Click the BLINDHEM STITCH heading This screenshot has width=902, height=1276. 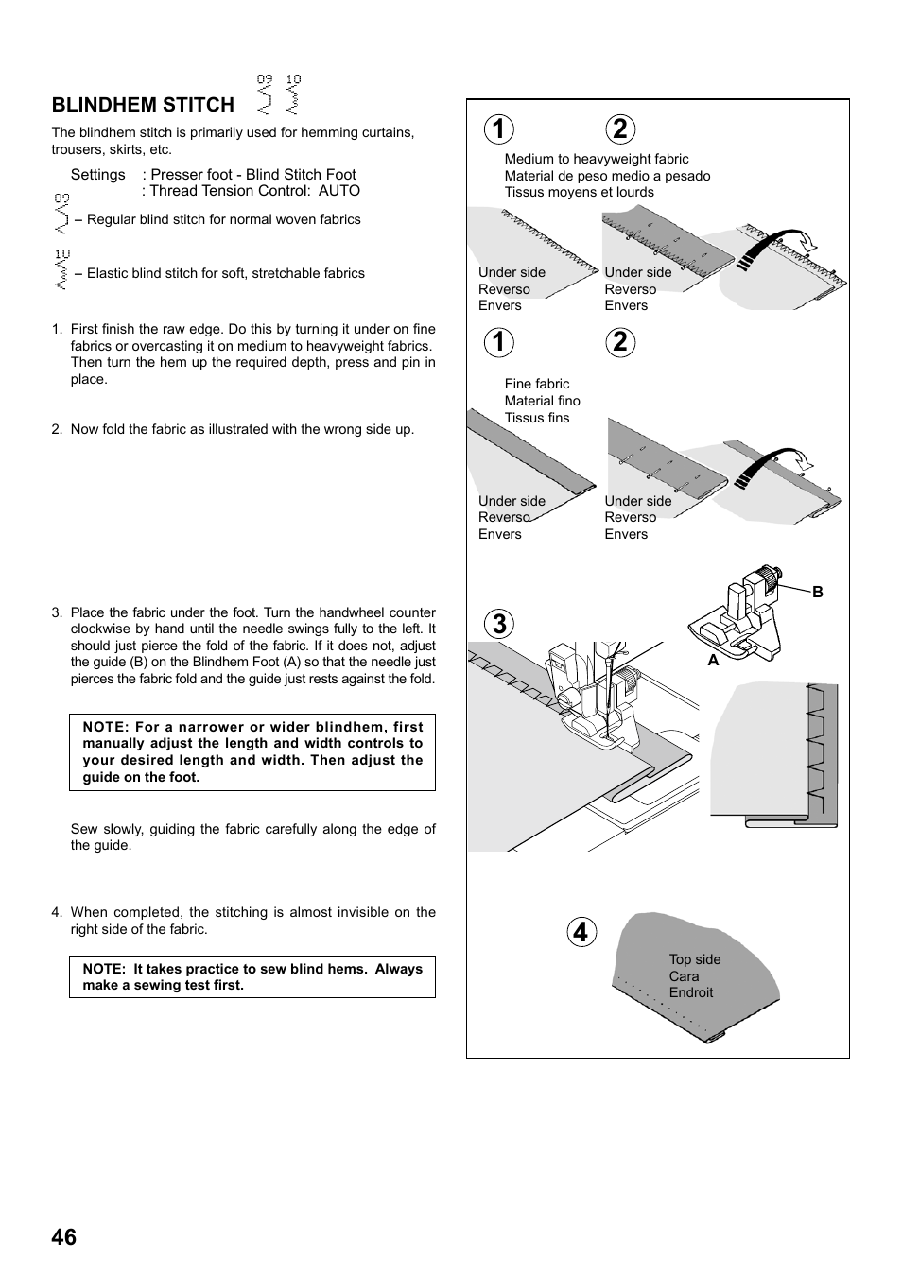[x=143, y=105]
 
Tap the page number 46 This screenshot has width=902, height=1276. [x=64, y=1236]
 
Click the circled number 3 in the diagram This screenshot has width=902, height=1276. [x=499, y=624]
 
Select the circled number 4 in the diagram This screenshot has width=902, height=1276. [x=582, y=933]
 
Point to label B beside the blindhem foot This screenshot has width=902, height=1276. [x=818, y=593]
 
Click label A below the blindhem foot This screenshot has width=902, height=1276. [x=714, y=662]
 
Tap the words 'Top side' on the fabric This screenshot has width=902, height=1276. [x=694, y=959]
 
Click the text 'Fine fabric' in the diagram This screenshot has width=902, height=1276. [x=536, y=384]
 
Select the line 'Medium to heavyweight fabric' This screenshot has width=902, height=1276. [x=596, y=159]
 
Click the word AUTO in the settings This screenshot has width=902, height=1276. [x=338, y=191]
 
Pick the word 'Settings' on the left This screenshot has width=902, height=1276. [x=97, y=175]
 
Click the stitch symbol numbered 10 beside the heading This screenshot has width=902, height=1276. [x=293, y=95]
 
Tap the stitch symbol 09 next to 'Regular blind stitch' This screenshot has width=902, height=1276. [x=61, y=215]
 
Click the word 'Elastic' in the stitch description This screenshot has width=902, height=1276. [x=110, y=273]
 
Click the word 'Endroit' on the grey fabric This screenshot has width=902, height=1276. [x=690, y=992]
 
